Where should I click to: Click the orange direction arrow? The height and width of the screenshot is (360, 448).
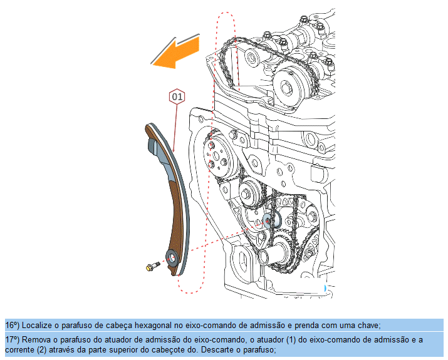pyautogui.click(x=177, y=51)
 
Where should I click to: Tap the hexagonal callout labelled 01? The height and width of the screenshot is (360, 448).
pyautogui.click(x=177, y=97)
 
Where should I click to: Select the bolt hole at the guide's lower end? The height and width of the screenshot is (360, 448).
pyautogui.click(x=171, y=257)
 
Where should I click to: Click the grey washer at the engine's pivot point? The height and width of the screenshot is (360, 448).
pyautogui.click(x=270, y=219)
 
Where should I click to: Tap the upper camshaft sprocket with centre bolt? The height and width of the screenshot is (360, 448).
pyautogui.click(x=289, y=86)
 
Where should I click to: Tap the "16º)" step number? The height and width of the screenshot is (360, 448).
pyautogui.click(x=13, y=325)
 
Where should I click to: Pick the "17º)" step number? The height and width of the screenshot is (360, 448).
pyautogui.click(x=13, y=339)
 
